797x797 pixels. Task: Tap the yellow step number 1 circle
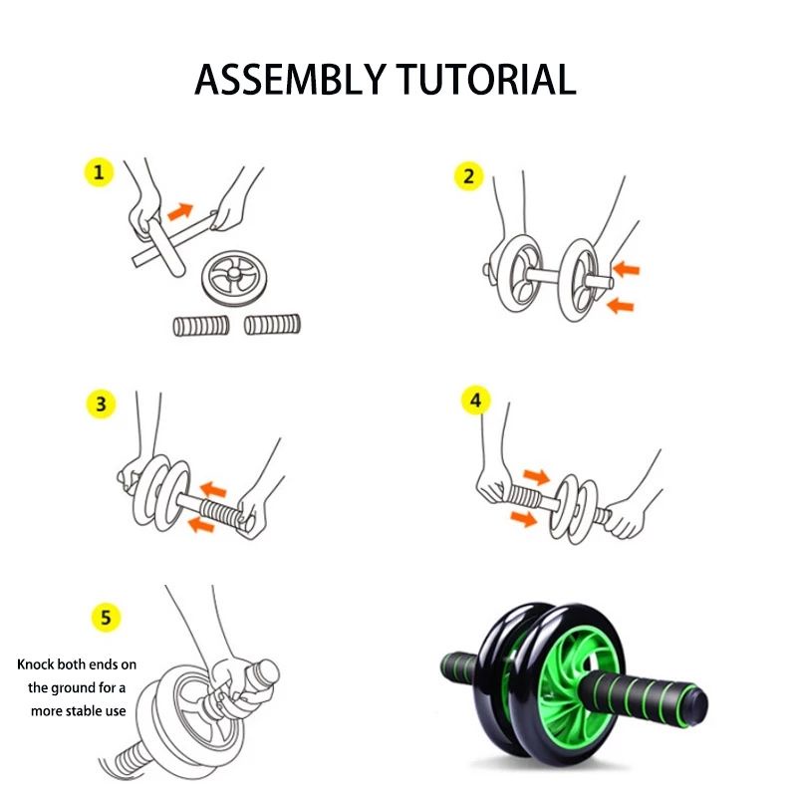[98, 172]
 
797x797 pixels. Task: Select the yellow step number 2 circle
[469, 176]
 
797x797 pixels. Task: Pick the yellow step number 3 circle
[100, 403]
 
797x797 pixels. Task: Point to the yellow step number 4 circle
[476, 400]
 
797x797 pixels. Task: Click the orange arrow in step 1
[180, 210]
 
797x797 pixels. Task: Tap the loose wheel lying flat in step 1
[236, 276]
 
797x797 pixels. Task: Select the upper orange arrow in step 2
[626, 269]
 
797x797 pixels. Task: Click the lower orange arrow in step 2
[622, 306]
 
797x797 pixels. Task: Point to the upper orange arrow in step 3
[211, 489]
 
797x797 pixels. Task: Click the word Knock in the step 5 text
[39, 664]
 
